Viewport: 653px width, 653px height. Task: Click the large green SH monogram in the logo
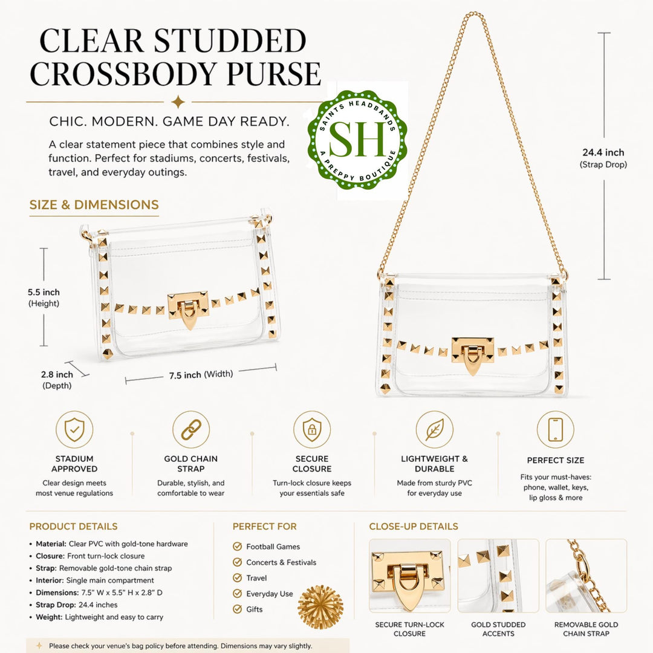[357, 140]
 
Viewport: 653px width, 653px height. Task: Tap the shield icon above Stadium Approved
[74, 429]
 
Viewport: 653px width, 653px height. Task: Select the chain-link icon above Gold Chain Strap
[190, 429]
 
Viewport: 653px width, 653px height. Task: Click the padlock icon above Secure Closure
[312, 429]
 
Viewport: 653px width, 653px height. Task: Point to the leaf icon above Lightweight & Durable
[434, 429]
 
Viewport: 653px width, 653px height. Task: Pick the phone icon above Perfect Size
[555, 429]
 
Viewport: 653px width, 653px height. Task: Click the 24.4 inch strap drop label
[603, 158]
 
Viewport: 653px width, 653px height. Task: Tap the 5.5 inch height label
[44, 297]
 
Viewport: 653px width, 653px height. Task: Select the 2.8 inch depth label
[57, 380]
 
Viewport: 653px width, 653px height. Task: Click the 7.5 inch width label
[201, 374]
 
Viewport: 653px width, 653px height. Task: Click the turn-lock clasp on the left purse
[188, 309]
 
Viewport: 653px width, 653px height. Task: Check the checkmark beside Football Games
[238, 546]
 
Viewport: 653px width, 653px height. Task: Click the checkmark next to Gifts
[238, 609]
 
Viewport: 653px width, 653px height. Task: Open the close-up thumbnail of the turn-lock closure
[410, 576]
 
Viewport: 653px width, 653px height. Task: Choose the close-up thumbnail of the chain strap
[586, 576]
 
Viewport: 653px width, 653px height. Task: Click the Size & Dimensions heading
[94, 205]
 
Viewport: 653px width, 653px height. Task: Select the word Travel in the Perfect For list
[256, 578]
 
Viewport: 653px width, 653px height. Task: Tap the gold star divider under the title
[178, 102]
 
